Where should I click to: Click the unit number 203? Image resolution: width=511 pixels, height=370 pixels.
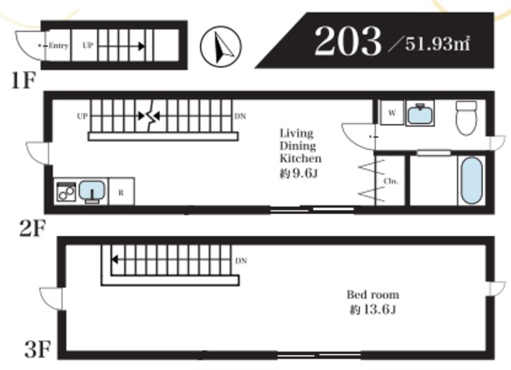click(348, 41)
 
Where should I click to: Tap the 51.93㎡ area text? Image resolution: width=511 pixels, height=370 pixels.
click(438, 43)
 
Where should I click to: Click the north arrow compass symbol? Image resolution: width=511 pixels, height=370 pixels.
click(220, 46)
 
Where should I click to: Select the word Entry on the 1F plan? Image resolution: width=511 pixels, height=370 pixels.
click(58, 46)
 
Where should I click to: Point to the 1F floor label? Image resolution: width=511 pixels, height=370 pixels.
click(23, 80)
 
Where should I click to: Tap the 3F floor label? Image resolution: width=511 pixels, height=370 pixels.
click(38, 349)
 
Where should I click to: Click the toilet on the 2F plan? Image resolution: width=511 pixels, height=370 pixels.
click(466, 117)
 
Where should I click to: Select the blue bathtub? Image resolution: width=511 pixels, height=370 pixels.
click(472, 181)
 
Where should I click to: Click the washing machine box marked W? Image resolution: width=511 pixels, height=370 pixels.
click(392, 113)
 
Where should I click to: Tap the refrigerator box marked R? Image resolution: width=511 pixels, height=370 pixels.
click(121, 192)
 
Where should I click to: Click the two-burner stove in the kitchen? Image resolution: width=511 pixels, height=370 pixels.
click(66, 192)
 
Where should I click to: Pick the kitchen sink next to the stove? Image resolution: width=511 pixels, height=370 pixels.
click(93, 191)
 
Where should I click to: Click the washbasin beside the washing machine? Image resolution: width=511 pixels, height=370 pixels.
click(420, 113)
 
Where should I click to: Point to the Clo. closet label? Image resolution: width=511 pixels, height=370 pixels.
click(391, 181)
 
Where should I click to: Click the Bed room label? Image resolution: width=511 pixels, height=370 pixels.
click(373, 295)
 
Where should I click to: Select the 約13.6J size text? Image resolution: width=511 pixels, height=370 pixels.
click(373, 309)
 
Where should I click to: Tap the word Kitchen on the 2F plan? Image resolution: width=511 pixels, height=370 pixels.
click(300, 158)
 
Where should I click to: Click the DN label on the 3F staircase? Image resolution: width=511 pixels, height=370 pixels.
click(241, 261)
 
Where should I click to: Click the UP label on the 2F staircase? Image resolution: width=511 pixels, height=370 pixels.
click(82, 116)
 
